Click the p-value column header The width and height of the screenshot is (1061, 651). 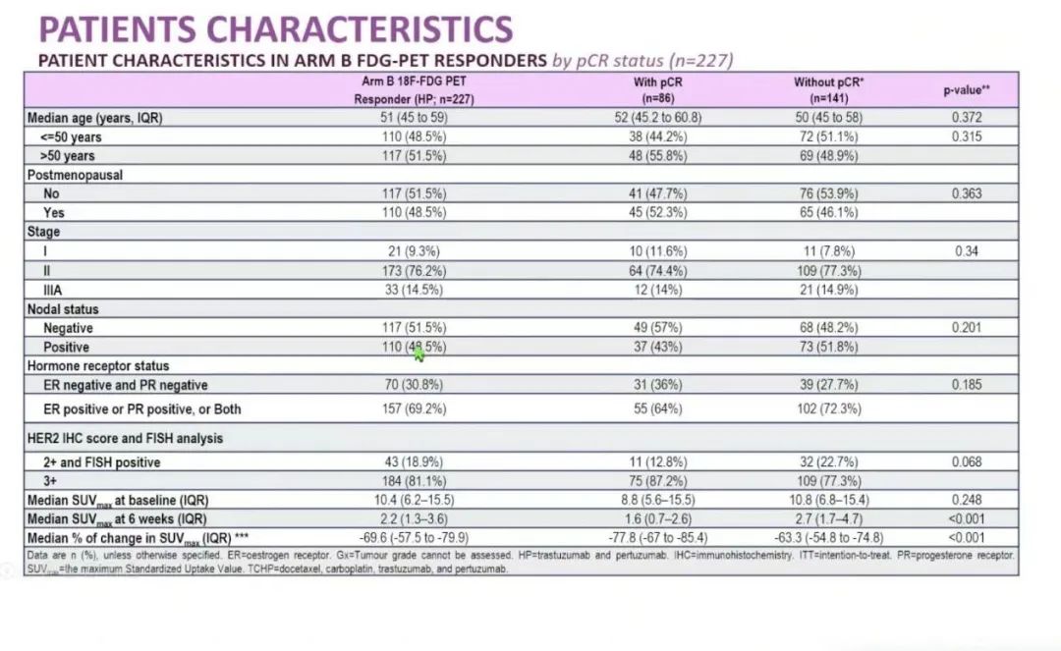click(967, 90)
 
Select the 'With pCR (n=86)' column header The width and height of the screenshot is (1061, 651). click(657, 90)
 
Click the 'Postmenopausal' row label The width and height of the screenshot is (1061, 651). click(75, 175)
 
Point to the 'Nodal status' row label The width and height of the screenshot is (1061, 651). click(65, 309)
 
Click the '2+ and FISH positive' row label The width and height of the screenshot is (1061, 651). click(101, 462)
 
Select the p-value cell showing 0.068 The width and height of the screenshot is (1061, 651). click(966, 462)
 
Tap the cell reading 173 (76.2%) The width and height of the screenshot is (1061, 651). click(413, 271)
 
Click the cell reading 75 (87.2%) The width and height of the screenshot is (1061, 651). click(657, 481)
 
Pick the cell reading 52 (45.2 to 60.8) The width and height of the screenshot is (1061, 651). click(657, 118)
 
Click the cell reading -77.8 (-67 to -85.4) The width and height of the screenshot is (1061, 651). click(657, 538)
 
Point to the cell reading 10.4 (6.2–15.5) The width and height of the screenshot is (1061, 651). click(413, 500)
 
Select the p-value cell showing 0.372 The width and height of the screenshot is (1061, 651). click(966, 118)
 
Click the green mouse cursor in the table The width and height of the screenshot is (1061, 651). click(419, 353)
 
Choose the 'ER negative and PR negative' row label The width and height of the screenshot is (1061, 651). click(125, 385)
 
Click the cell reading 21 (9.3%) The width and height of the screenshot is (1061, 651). click(413, 251)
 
